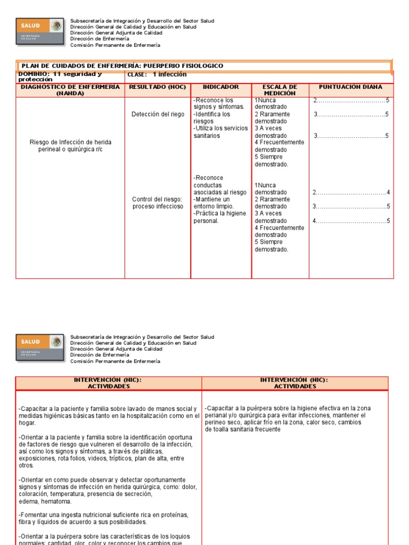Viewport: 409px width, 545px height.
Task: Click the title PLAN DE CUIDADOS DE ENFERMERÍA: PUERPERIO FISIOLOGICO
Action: [122, 66]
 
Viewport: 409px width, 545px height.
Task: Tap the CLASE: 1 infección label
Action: [157, 75]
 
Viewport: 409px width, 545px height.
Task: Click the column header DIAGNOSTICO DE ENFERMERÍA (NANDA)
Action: [70, 90]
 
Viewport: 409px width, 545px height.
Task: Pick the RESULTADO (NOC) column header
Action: [157, 87]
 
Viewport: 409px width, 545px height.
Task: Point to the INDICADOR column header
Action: [220, 87]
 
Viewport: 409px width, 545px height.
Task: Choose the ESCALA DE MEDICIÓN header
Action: [280, 90]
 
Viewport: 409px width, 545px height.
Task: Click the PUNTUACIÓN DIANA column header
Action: [350, 87]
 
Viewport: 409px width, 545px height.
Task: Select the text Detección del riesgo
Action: [157, 114]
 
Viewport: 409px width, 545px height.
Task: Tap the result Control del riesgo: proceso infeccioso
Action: [157, 203]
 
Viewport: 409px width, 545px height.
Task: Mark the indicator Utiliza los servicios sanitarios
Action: [220, 132]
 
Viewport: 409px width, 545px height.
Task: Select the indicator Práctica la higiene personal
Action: [219, 217]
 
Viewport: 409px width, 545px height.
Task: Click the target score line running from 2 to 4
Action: [351, 193]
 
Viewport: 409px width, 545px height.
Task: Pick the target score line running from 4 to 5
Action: [351, 221]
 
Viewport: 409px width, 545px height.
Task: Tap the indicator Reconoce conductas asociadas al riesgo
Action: [219, 185]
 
